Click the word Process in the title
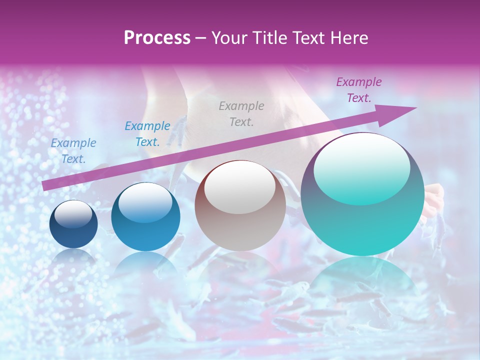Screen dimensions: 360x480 click(x=157, y=37)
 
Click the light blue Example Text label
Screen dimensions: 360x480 click(x=73, y=151)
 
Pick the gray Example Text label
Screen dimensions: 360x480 click(x=241, y=114)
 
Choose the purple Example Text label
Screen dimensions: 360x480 click(x=358, y=90)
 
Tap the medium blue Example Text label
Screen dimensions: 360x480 click(x=147, y=134)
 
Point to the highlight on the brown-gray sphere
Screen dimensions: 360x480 click(x=240, y=186)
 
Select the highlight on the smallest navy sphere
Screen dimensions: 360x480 click(x=73, y=214)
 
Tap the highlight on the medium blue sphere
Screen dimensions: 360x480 click(x=145, y=201)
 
